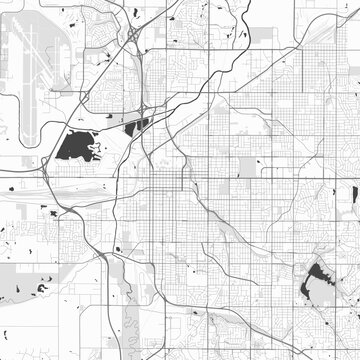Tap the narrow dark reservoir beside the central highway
[135, 125]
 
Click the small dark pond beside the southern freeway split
[118, 248]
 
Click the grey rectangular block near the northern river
[262, 34]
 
